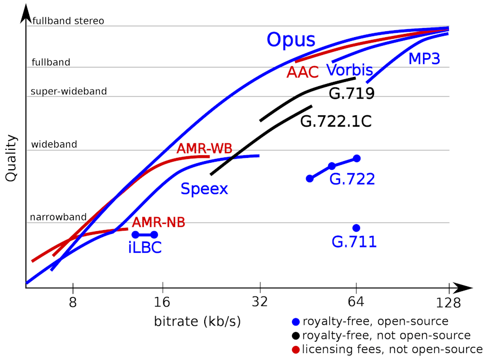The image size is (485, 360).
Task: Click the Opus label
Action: (x=291, y=40)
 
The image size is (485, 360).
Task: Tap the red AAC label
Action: (x=302, y=72)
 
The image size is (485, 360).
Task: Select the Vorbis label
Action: (x=349, y=70)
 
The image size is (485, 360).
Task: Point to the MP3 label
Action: (x=424, y=58)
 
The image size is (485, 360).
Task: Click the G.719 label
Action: (x=351, y=94)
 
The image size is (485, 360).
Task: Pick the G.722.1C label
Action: (x=336, y=121)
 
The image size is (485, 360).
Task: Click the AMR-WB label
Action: (x=204, y=148)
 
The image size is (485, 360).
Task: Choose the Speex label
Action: (x=204, y=189)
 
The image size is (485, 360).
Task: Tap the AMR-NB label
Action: (x=159, y=222)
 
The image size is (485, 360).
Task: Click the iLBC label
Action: (x=145, y=247)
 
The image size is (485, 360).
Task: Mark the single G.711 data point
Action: (x=356, y=228)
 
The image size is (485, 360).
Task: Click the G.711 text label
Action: (x=354, y=242)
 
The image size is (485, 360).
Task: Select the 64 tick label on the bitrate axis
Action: (x=356, y=302)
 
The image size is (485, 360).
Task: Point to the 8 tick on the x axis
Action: (x=73, y=302)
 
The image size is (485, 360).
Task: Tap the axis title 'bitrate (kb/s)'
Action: (x=197, y=322)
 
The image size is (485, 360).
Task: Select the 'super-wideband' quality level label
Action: (x=69, y=92)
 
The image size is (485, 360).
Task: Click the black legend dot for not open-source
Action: (x=295, y=336)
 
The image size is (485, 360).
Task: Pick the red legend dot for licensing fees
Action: (x=295, y=350)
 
